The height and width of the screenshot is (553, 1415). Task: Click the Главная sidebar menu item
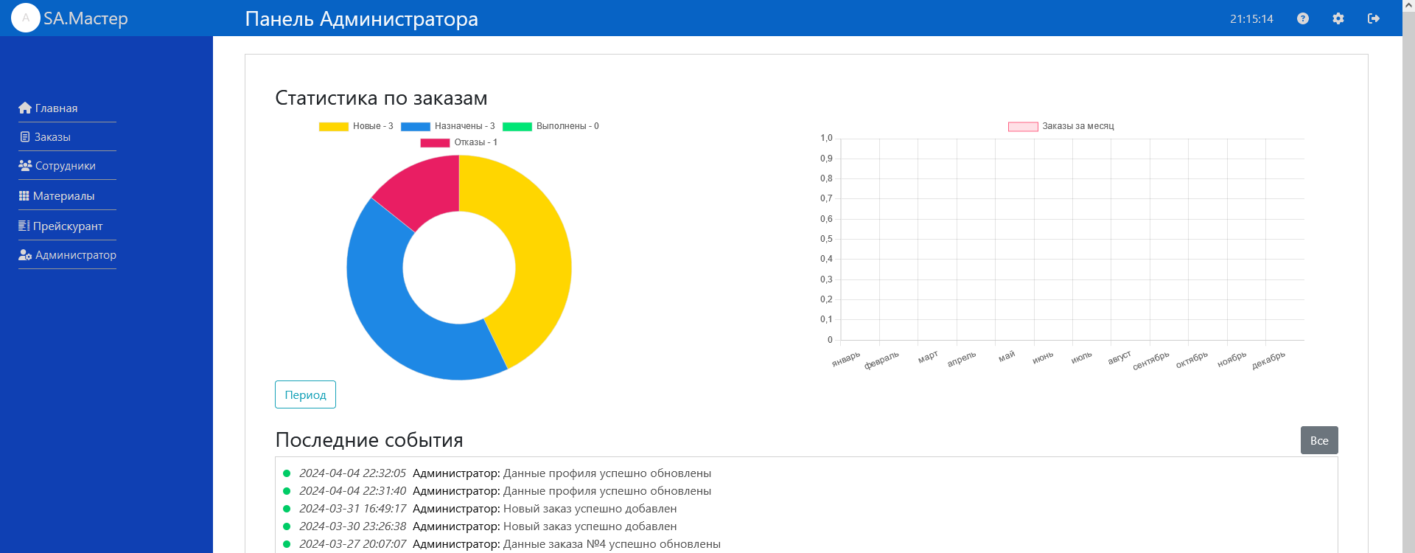[x=49, y=108]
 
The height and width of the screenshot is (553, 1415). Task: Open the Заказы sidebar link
[x=45, y=137]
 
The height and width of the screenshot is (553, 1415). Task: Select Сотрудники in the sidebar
[x=57, y=166]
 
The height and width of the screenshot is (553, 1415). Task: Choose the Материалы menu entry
[x=57, y=196]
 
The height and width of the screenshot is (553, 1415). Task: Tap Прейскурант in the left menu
[x=60, y=226]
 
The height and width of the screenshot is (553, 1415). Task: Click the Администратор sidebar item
[x=68, y=255]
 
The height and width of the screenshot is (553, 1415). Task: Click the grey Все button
[x=1318, y=440]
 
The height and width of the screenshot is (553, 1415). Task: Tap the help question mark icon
[x=1302, y=18]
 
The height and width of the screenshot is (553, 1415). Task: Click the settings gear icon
[x=1338, y=18]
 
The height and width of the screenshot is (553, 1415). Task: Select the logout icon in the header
[x=1373, y=18]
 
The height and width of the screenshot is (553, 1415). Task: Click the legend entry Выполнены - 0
[x=551, y=126]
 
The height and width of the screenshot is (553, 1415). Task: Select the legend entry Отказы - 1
[x=459, y=142]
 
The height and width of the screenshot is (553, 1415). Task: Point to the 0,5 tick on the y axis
[x=826, y=239]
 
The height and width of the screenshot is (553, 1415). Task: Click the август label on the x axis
[x=1119, y=358]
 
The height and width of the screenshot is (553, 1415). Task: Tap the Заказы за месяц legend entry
[x=1061, y=126]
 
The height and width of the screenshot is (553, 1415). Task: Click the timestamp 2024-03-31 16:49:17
[x=352, y=509]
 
